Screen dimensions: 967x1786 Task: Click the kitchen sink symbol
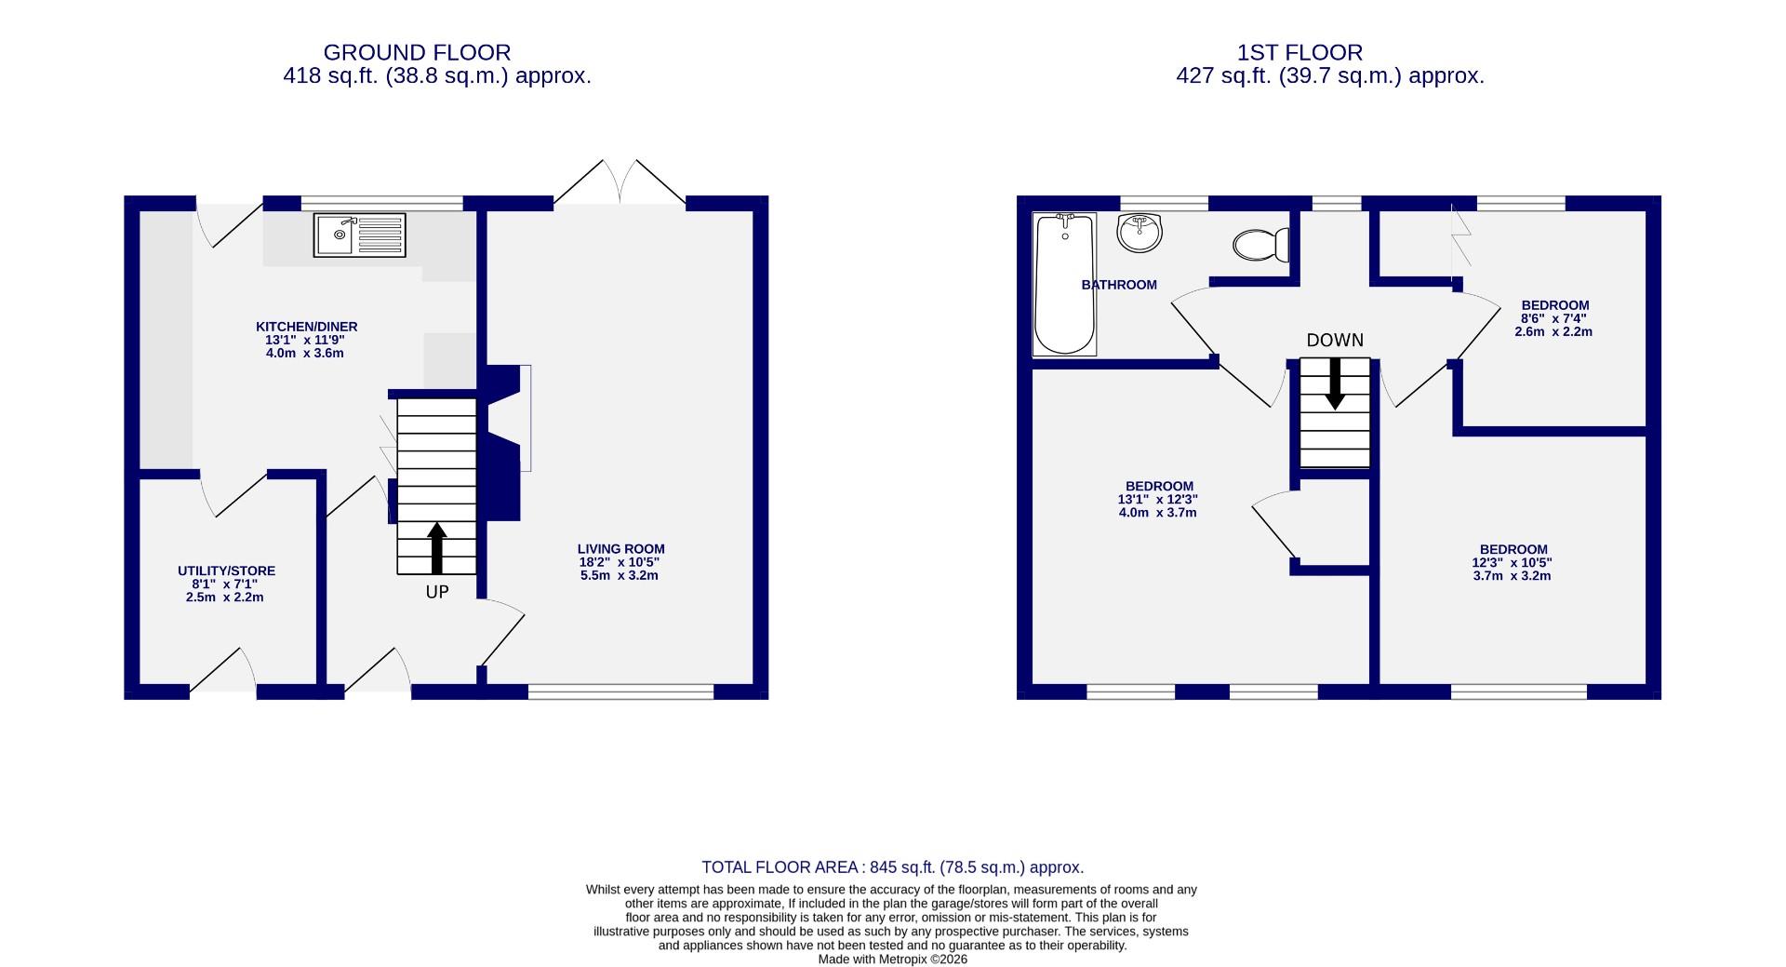(359, 235)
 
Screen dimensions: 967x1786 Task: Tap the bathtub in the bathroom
(1064, 284)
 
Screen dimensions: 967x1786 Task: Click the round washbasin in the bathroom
(1139, 232)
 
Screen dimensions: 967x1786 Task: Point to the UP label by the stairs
(437, 592)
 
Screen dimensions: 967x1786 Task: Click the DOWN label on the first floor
(1335, 341)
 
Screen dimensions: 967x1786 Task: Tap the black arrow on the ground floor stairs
(436, 548)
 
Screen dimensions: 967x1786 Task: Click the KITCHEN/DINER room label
(306, 327)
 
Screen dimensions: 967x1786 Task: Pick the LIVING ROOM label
(620, 549)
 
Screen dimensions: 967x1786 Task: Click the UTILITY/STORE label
(226, 571)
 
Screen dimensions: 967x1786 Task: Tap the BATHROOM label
(1119, 285)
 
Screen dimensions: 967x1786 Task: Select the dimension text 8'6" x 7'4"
(1553, 318)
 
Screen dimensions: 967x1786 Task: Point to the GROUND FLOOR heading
(417, 53)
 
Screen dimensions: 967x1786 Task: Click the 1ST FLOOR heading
(1300, 53)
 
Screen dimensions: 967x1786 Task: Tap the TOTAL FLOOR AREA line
(892, 867)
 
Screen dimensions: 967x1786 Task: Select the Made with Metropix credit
(892, 959)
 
